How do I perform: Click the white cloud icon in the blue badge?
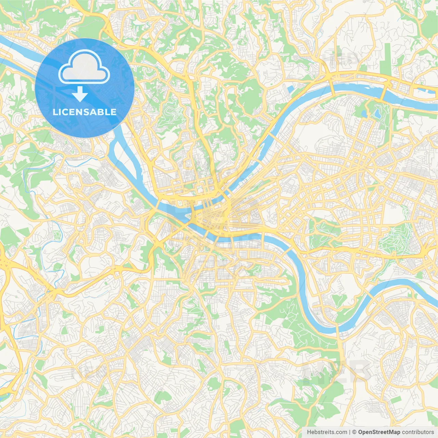point(84,67)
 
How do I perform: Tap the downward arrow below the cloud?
point(80,94)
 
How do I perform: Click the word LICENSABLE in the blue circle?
point(85,112)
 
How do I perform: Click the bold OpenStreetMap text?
point(379,432)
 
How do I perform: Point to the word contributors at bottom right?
point(418,432)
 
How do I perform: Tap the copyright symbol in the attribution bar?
point(354,432)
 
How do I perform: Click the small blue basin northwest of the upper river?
point(291,89)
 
